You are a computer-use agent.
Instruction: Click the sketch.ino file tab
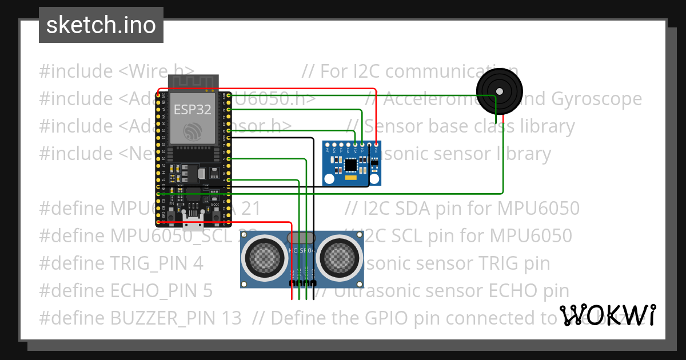(101, 25)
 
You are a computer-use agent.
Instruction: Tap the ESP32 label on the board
(192, 109)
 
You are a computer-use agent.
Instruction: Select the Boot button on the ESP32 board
(216, 213)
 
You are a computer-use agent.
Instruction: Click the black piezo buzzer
(499, 91)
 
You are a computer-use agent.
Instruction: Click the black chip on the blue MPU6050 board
(350, 164)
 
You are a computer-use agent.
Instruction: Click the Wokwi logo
(607, 315)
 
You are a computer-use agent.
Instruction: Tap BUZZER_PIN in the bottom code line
(174, 318)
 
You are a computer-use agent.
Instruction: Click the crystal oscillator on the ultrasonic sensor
(301, 237)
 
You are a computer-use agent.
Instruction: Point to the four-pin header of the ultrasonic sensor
(302, 283)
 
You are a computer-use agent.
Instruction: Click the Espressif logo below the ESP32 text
(192, 133)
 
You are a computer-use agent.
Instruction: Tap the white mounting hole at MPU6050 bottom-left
(329, 179)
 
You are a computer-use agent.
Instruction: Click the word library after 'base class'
(539, 126)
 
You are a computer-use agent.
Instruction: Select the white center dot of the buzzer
(500, 91)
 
